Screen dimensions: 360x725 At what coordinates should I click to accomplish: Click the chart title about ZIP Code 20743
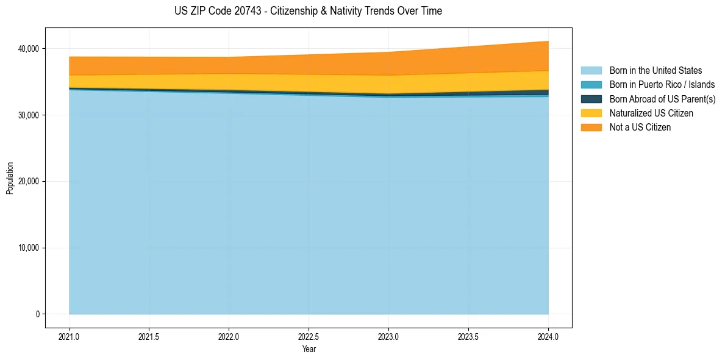[308, 11]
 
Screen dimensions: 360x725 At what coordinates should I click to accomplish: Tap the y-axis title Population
[10, 178]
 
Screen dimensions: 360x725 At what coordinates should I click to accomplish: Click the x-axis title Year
[309, 349]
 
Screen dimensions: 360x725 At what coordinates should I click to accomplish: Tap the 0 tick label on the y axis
[37, 314]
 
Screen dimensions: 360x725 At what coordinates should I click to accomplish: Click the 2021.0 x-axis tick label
[70, 336]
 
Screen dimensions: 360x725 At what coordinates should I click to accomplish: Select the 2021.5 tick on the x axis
[149, 336]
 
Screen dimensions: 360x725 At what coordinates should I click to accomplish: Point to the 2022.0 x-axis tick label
[229, 336]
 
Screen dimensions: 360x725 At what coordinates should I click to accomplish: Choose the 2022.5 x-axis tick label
[309, 336]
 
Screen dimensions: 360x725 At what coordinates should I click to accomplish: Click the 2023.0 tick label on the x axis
[389, 336]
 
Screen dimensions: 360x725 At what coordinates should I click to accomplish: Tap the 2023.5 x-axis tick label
[468, 336]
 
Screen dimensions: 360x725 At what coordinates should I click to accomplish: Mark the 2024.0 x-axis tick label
[548, 336]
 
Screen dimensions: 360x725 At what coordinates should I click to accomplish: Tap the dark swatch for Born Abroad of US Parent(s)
[591, 99]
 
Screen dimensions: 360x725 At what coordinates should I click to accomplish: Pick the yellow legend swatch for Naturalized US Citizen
[591, 113]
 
